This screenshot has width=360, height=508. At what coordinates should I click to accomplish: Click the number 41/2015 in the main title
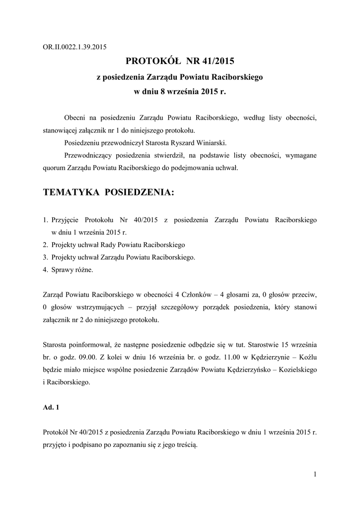[x=215, y=62]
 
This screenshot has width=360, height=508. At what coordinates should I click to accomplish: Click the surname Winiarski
[x=211, y=143]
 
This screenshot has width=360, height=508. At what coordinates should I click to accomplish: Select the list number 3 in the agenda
[x=45, y=257]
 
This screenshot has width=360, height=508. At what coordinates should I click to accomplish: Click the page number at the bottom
[x=315, y=475]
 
